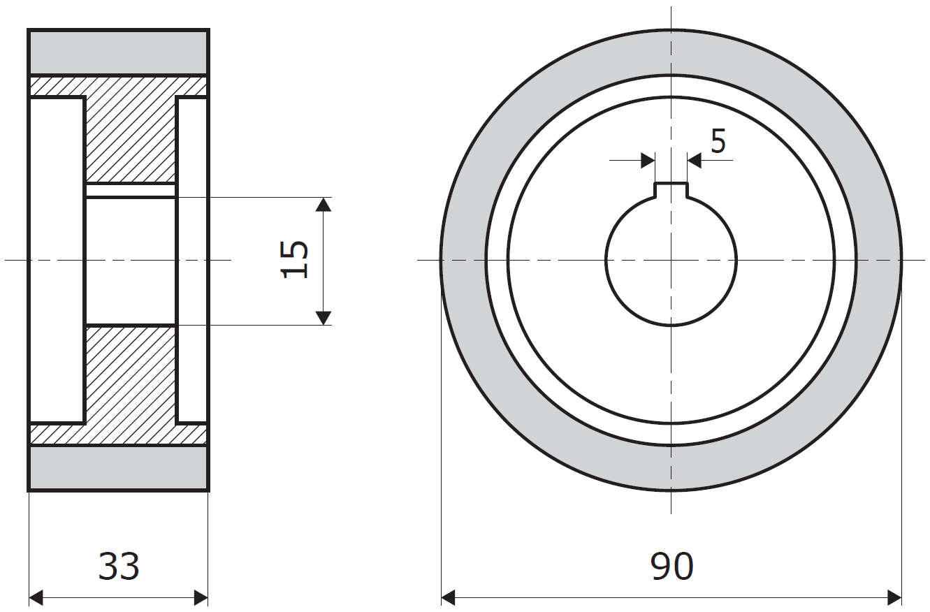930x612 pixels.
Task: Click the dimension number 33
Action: pos(119,566)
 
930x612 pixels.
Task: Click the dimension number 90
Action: pos(671,566)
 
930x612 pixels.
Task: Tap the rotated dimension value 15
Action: pos(294,260)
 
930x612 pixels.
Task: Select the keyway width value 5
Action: pos(718,141)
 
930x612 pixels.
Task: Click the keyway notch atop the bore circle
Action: pos(671,190)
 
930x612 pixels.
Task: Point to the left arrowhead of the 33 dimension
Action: pos(36,598)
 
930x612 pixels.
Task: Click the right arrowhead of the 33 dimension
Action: pos(201,598)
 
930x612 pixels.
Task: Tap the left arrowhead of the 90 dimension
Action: pos(448,598)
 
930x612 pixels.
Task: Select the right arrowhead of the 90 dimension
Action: pos(894,598)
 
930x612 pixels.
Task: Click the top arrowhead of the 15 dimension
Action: pos(324,205)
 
